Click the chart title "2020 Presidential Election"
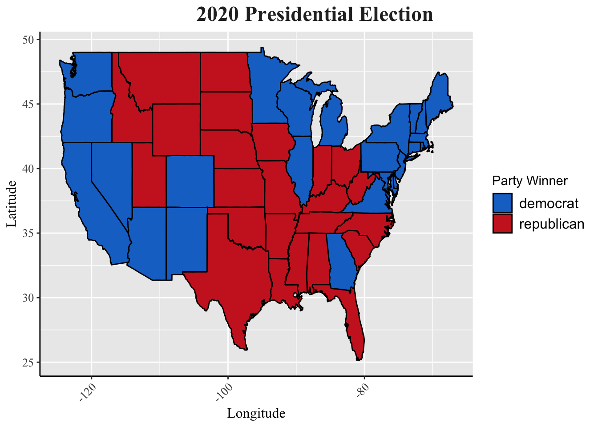point(315,15)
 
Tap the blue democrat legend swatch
point(502,203)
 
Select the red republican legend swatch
point(502,224)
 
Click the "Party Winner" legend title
point(529,181)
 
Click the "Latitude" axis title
point(12,204)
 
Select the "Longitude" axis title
point(256,414)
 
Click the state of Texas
point(236,267)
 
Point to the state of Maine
point(438,98)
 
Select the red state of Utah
point(149,178)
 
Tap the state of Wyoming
point(176,129)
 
